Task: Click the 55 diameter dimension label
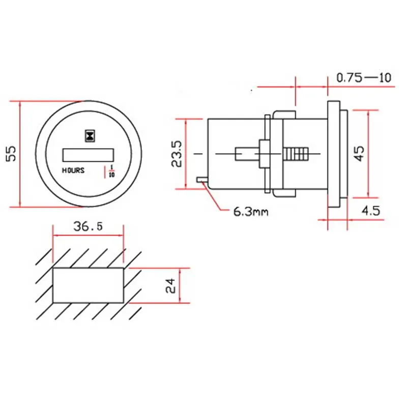[x=11, y=154]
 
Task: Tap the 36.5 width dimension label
[x=88, y=226]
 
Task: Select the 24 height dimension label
[x=170, y=286]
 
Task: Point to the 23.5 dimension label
[x=177, y=154]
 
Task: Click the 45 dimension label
[x=359, y=154]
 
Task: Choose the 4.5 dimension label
[x=371, y=211]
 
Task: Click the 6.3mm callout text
[x=251, y=212]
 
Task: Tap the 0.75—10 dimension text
[x=364, y=78]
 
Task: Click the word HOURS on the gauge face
[x=73, y=170]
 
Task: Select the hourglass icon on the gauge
[x=90, y=136]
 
